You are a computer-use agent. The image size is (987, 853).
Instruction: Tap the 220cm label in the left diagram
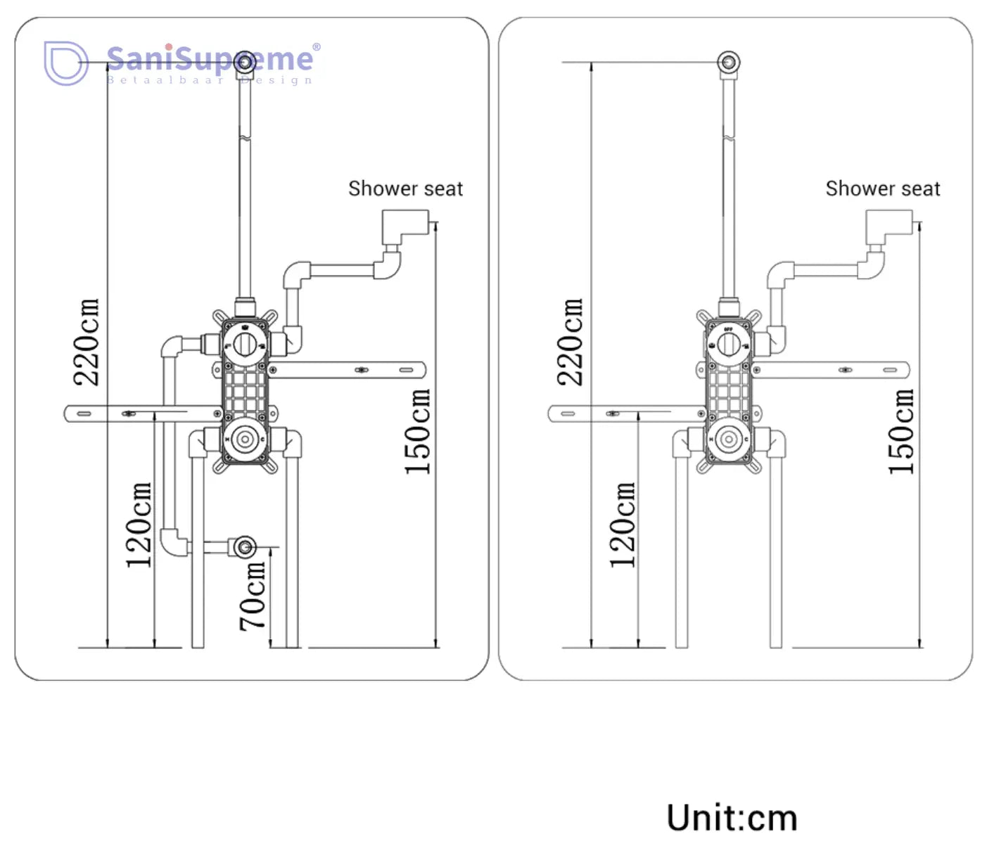coord(87,342)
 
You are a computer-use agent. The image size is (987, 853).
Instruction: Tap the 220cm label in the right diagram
coord(571,342)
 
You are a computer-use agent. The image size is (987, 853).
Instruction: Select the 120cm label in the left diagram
coord(139,525)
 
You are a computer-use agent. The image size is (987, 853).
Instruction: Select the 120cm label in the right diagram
coord(623,525)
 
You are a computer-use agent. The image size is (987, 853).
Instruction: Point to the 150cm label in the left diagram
coord(417,431)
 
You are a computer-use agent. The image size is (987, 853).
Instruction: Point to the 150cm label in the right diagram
coord(901,431)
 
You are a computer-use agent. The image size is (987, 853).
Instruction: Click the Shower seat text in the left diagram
coord(405,188)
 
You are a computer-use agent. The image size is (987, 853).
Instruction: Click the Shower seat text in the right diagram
coord(882,188)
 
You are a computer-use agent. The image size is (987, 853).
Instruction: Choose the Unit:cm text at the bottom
coord(732,818)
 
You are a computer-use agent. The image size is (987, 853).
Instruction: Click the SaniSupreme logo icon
coord(65,63)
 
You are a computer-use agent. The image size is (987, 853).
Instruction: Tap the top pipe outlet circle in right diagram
coord(729,63)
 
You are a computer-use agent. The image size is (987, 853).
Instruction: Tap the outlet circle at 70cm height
coord(245,546)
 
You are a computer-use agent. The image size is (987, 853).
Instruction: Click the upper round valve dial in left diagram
coord(245,345)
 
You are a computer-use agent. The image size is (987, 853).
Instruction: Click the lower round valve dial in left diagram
coord(245,440)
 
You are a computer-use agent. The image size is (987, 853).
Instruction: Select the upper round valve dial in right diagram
coord(729,345)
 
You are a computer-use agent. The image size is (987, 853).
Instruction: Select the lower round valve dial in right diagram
coord(729,440)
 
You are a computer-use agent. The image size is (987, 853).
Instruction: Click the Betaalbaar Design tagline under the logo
coord(210,80)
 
